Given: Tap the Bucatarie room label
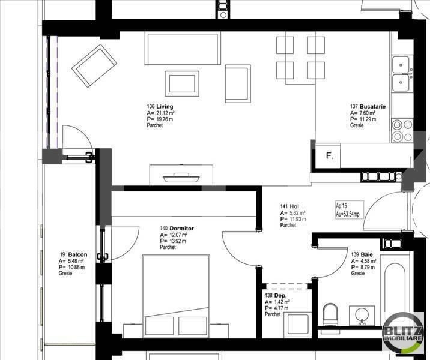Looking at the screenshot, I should pyautogui.click(x=368, y=106).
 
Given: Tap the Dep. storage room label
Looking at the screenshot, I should pyautogui.click(x=273, y=295).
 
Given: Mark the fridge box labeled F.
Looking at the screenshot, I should pyautogui.click(x=329, y=156).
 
